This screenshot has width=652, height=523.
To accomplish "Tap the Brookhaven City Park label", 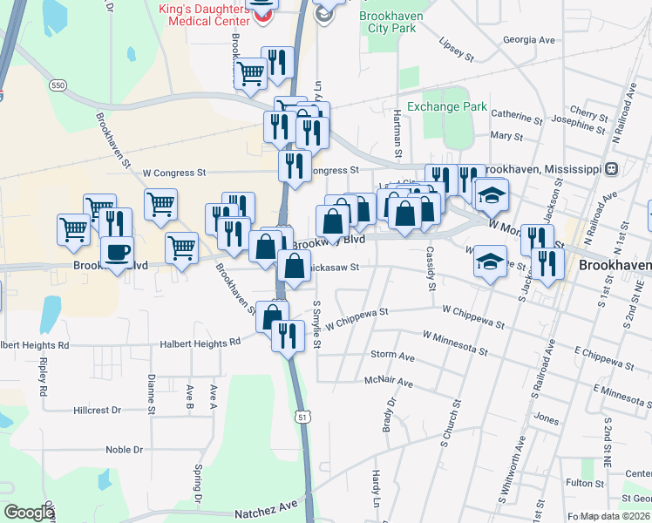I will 389,22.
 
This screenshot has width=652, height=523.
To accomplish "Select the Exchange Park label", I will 447,106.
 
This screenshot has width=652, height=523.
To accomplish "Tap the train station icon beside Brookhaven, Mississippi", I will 612,168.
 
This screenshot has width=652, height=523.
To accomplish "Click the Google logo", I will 30,513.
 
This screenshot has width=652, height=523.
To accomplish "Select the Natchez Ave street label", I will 266,509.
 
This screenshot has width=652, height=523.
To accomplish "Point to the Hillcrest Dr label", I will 99,409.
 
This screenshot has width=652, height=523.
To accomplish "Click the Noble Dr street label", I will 124,450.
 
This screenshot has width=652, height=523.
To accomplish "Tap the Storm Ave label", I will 392,356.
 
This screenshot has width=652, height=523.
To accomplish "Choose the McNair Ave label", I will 389,383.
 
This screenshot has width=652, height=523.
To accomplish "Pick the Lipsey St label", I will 456,51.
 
